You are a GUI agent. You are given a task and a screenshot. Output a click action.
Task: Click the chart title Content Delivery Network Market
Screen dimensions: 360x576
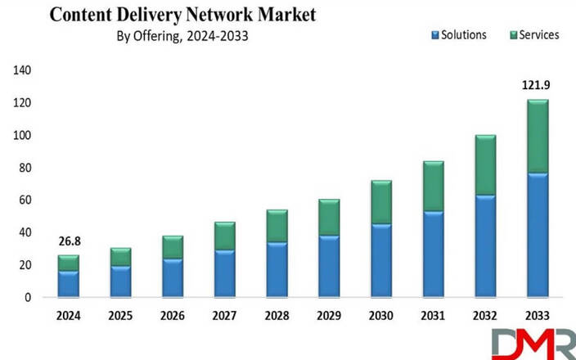click(181, 14)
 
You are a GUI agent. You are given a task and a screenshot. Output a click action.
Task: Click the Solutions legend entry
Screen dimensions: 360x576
click(457, 35)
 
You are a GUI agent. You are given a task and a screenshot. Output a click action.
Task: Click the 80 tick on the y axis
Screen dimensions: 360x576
click(23, 168)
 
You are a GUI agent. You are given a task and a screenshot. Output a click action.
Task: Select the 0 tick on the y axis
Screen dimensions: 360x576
click(27, 297)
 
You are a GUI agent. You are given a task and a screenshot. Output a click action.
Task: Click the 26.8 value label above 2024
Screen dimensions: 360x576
click(69, 242)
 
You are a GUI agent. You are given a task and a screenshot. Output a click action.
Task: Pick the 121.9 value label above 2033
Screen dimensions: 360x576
click(537, 85)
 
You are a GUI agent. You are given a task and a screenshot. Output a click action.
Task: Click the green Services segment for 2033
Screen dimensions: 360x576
click(537, 137)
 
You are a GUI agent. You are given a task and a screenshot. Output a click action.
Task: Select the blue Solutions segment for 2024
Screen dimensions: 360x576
click(69, 283)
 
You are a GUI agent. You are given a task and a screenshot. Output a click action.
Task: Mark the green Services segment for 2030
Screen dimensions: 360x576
click(380, 202)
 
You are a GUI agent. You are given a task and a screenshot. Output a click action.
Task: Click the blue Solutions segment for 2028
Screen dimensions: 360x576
click(277, 269)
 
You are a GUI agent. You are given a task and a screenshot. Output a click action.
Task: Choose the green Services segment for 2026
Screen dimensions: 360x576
click(173, 248)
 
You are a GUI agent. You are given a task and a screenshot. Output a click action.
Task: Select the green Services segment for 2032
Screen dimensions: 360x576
click(485, 165)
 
